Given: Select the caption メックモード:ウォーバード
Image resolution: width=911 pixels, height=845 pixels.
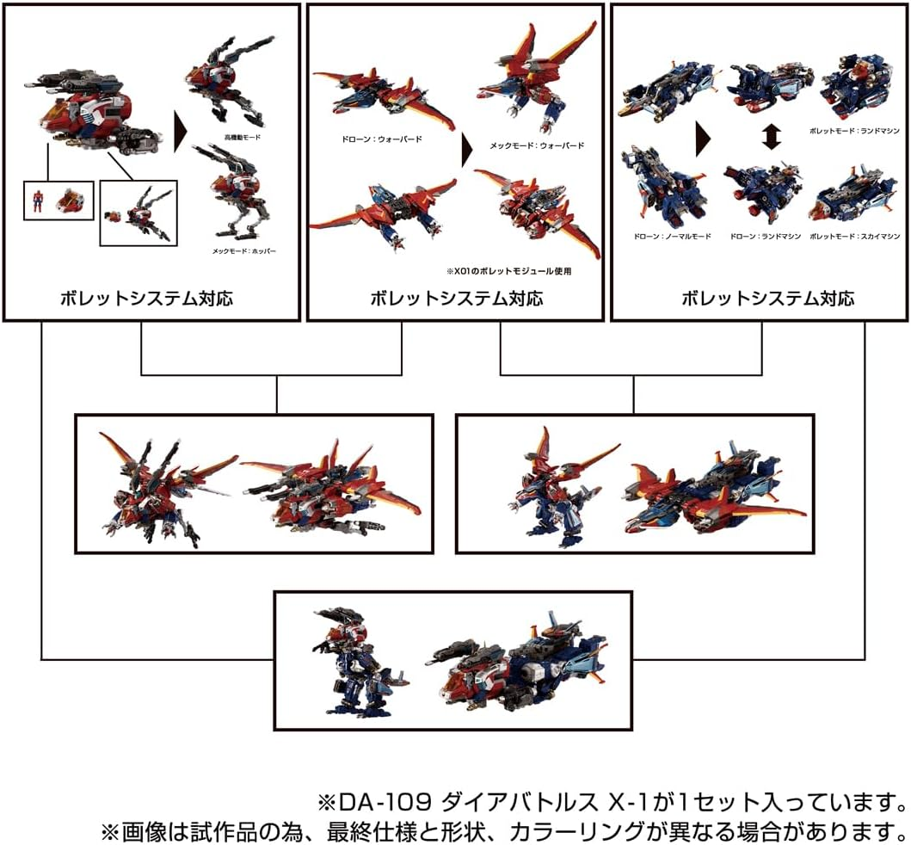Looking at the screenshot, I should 537,145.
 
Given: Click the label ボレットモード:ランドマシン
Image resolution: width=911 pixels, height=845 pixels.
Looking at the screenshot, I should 853,130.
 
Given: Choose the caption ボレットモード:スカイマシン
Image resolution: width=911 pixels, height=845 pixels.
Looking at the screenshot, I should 853,235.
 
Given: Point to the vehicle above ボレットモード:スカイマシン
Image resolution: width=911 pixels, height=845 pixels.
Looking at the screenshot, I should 852,197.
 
